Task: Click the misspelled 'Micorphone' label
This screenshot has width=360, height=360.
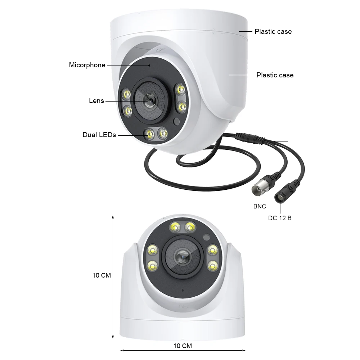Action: (x=87, y=65)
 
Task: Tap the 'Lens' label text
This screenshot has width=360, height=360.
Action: (x=96, y=100)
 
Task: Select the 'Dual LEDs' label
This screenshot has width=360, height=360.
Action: (x=99, y=135)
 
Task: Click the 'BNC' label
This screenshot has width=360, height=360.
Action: (x=260, y=206)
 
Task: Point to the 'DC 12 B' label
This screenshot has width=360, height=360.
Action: (x=280, y=218)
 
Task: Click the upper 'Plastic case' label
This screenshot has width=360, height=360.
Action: (x=273, y=31)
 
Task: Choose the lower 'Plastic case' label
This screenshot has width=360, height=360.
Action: (x=275, y=75)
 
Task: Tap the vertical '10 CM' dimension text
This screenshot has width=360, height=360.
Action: (x=102, y=275)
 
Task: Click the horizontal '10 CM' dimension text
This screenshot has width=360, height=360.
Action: (x=183, y=346)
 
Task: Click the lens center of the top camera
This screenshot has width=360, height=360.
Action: (x=151, y=100)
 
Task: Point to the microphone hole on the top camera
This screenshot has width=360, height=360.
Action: (x=149, y=66)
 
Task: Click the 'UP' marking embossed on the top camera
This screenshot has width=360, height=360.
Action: (x=160, y=50)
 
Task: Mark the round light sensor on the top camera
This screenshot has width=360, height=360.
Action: (x=176, y=121)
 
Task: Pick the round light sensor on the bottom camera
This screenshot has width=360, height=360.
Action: (x=206, y=237)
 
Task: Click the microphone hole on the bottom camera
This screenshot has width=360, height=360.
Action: (x=183, y=291)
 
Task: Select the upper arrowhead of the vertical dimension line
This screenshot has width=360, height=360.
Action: (x=113, y=217)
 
